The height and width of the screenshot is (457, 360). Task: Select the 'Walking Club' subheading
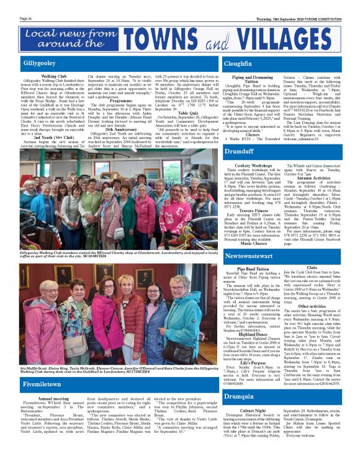54,76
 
